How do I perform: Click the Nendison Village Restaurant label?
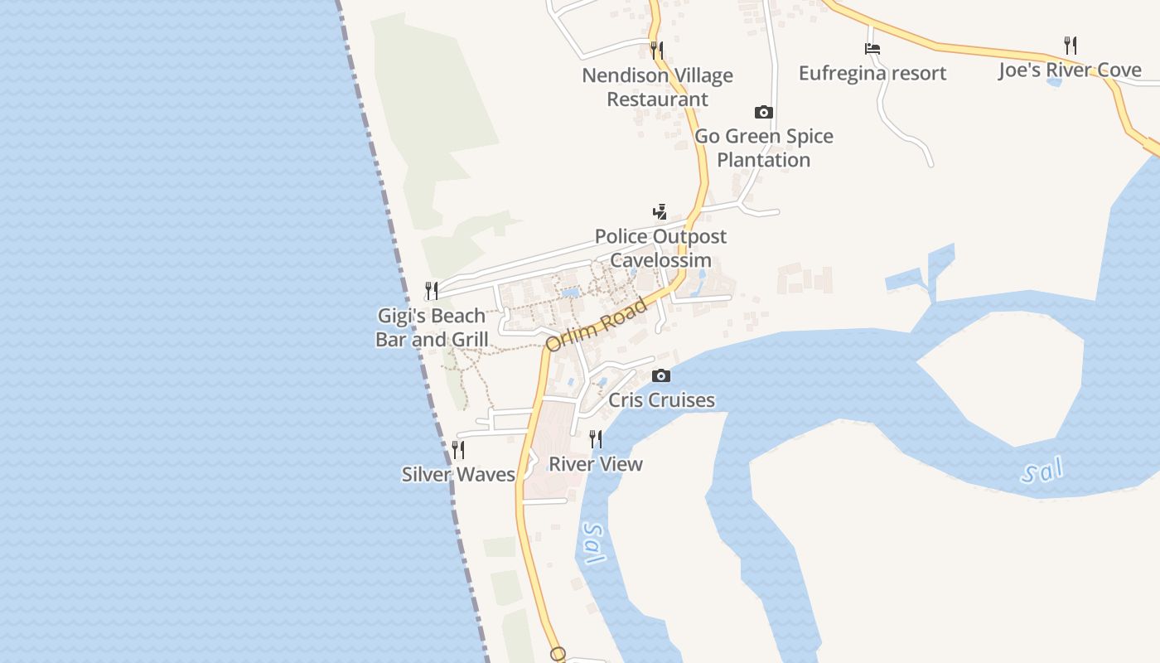(657, 87)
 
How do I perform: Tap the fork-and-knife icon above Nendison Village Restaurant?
(657, 50)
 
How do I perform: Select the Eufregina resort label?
(872, 73)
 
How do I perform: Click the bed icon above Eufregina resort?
(872, 49)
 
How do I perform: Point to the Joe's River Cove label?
(1070, 70)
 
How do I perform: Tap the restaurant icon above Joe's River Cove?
(1070, 45)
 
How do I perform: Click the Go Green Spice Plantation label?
(763, 148)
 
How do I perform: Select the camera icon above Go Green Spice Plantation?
(763, 112)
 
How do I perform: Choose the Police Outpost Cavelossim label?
(660, 248)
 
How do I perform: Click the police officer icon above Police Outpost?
(660, 212)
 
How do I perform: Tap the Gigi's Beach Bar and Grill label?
(432, 327)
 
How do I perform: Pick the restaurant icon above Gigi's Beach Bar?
(432, 291)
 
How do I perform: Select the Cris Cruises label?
(661, 400)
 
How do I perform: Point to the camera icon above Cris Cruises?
(661, 376)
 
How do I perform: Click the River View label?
(596, 464)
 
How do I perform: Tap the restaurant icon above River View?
(596, 439)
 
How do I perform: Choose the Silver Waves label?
(458, 474)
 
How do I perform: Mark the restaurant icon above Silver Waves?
(458, 449)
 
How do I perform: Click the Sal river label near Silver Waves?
(593, 543)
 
